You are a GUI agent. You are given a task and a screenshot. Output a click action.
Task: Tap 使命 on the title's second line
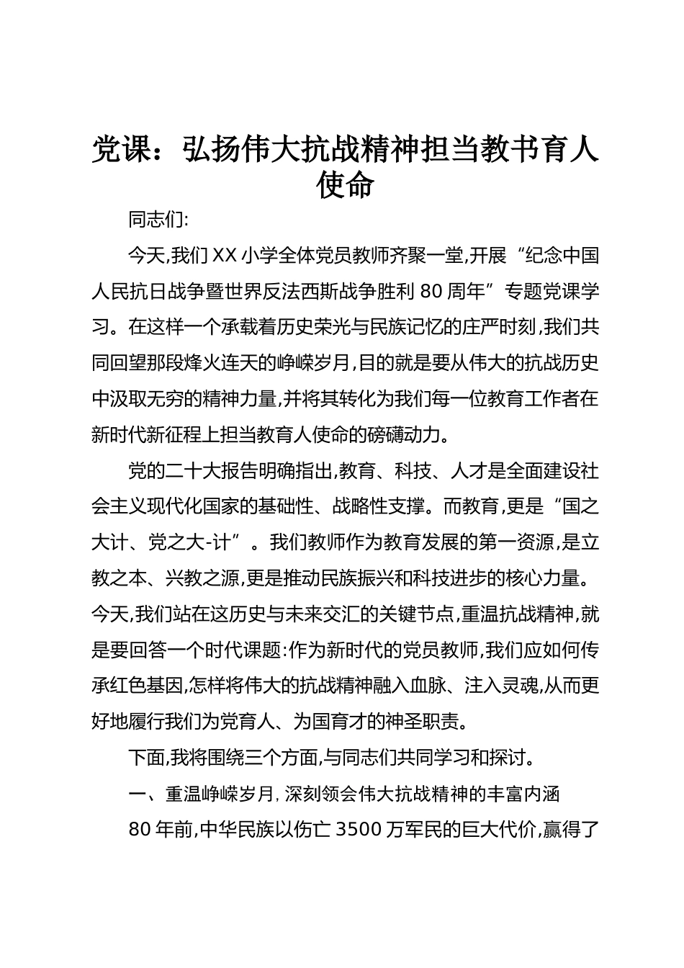(346, 184)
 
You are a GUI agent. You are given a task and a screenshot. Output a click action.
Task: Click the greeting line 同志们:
(158, 218)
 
